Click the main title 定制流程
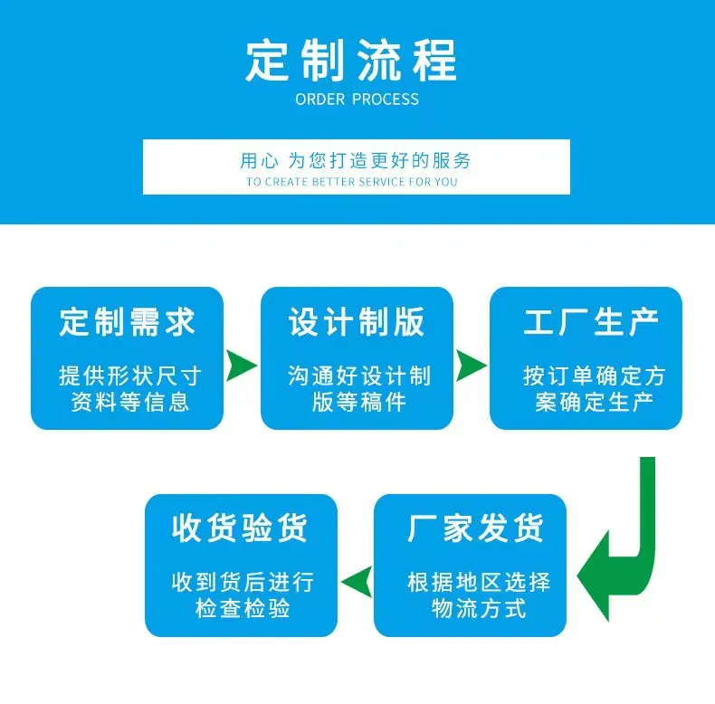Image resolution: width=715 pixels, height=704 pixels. (x=351, y=61)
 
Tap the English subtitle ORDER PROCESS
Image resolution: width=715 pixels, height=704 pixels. (x=357, y=100)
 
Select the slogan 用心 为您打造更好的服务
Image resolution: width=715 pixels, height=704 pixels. (x=355, y=160)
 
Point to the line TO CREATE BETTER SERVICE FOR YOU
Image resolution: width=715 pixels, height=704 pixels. (x=351, y=182)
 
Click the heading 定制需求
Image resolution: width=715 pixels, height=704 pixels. (x=128, y=322)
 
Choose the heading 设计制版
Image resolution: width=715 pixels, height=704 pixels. (x=357, y=322)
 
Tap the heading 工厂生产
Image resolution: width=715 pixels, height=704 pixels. (x=591, y=322)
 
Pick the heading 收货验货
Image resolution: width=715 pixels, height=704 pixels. (x=240, y=528)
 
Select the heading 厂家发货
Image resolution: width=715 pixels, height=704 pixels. (x=475, y=528)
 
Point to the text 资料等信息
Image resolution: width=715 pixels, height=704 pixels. (x=130, y=402)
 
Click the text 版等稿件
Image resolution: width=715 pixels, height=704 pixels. (x=359, y=402)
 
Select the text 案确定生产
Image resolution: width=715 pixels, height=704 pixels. (x=594, y=402)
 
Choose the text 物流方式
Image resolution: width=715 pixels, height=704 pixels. (x=479, y=608)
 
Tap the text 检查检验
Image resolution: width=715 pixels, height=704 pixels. (x=243, y=608)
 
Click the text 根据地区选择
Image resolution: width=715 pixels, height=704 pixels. (x=479, y=582)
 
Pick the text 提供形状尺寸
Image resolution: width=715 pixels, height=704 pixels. (x=130, y=376)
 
